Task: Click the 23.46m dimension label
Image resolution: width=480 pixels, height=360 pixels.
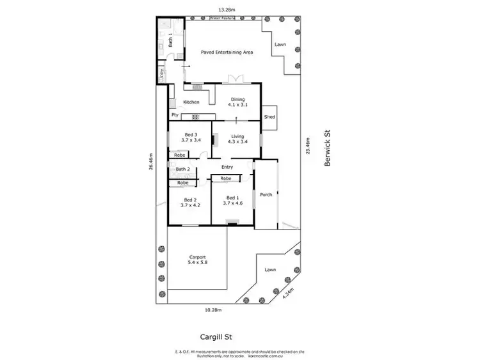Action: point(308,146)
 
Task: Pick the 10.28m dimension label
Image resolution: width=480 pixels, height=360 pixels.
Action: point(212,309)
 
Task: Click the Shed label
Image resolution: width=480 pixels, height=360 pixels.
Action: point(269,117)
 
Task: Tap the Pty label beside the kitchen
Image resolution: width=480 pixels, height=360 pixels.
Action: point(174,115)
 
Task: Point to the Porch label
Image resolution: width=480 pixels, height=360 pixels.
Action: point(266,195)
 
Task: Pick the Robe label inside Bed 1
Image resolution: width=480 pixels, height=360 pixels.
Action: point(226,178)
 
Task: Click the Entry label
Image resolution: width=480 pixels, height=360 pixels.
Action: point(227,167)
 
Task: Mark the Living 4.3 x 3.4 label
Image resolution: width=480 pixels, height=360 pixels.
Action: point(237,139)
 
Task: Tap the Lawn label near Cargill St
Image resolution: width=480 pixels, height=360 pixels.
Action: point(270,270)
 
